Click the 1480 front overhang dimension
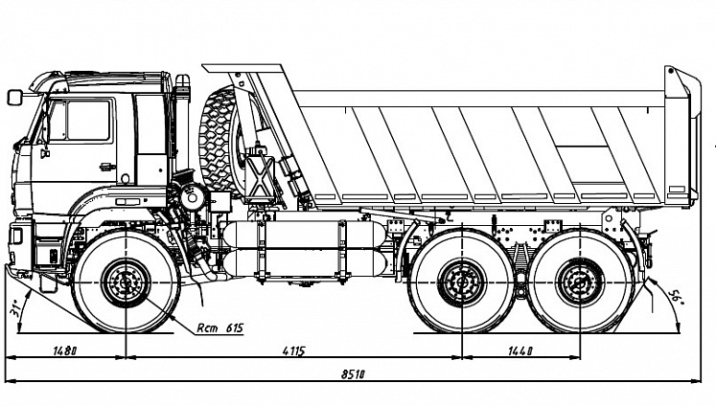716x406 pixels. [x=65, y=350]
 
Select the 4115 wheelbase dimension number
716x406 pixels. [x=293, y=350]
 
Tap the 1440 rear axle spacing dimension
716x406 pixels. [x=520, y=350]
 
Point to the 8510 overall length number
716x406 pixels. [x=353, y=374]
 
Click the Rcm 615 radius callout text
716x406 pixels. [x=220, y=327]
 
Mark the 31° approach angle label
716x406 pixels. [x=14, y=308]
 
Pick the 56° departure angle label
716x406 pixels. [x=675, y=298]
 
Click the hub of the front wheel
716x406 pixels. [x=126, y=282]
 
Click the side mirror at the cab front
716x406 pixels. [x=14, y=97]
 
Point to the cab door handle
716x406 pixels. [x=107, y=167]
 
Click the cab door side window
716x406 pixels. [x=81, y=121]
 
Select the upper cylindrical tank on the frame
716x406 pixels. [x=304, y=235]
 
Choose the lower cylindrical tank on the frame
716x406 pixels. [x=304, y=262]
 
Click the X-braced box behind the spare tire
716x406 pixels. [x=260, y=175]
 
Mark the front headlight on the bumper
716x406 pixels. [x=16, y=236]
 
